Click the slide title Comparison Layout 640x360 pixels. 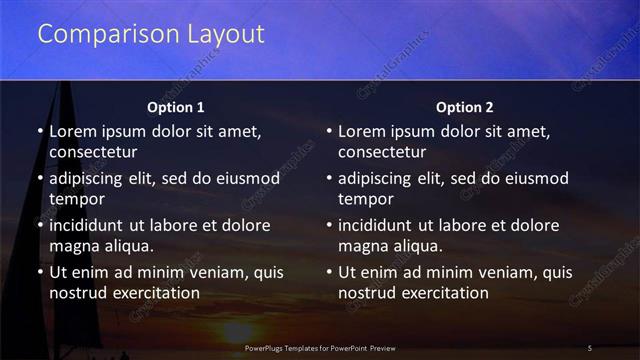[x=150, y=34]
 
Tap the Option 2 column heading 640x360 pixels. [x=464, y=107]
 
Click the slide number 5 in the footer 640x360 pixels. [x=590, y=347]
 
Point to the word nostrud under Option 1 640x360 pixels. [x=76, y=293]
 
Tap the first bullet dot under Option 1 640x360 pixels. [x=40, y=132]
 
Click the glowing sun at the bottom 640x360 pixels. [x=237, y=333]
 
